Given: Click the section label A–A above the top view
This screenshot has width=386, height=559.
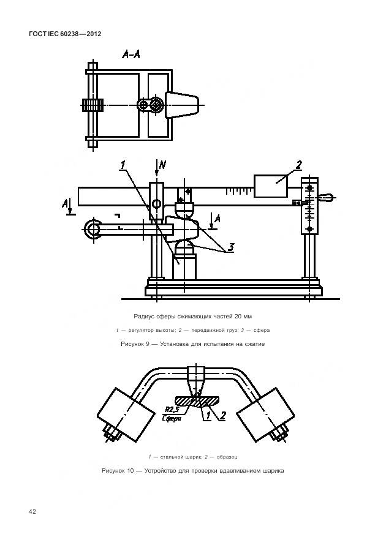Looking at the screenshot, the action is [x=131, y=54].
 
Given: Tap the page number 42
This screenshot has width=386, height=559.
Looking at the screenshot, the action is [x=32, y=512].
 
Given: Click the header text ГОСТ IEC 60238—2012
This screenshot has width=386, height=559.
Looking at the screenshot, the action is [x=65, y=34].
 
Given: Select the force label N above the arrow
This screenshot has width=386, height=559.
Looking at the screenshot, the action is [x=163, y=165].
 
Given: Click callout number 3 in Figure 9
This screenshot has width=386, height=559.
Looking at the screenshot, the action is [x=231, y=247].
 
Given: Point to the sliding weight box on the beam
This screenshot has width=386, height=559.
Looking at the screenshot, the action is [x=270, y=186].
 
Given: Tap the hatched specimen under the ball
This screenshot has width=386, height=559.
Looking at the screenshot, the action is [x=197, y=401].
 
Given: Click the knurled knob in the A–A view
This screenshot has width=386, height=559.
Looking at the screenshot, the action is [x=93, y=105].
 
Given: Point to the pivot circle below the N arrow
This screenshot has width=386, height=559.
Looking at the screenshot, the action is [x=156, y=204].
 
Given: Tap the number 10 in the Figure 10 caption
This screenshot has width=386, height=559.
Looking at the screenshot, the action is [x=131, y=471].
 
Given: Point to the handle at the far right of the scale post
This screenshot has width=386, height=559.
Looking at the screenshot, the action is [x=327, y=197].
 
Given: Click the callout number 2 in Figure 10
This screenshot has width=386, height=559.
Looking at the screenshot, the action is [x=222, y=415].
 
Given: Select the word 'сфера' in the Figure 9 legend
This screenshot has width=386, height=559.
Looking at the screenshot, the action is [x=262, y=330].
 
